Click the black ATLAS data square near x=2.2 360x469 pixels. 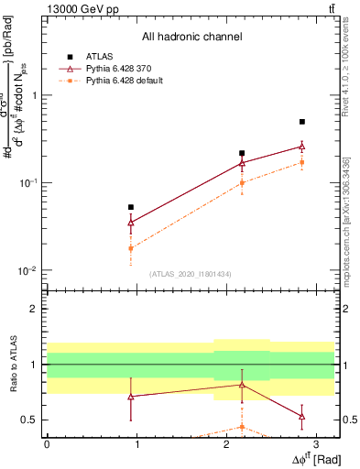[242, 153]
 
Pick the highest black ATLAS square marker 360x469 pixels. [301, 121]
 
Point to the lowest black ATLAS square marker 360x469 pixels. [131, 207]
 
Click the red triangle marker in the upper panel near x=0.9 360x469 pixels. [131, 222]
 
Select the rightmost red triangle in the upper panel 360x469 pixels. [301, 146]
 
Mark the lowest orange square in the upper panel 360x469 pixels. [131, 248]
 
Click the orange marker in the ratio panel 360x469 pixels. [242, 427]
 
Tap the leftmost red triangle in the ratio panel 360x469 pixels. [131, 397]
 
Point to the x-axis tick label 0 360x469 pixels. [47, 444]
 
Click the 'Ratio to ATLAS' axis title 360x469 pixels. [12, 365]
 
